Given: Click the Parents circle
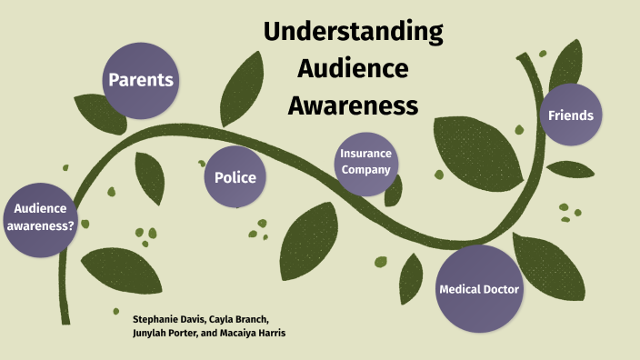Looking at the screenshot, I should [x=140, y=80].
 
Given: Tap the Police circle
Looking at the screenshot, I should [x=235, y=177].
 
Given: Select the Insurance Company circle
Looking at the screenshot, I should [x=365, y=162].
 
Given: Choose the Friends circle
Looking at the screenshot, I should [x=570, y=115].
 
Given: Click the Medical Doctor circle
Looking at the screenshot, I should [x=478, y=289].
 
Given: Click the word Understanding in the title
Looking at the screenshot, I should [x=353, y=33].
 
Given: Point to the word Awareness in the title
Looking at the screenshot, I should [x=353, y=105].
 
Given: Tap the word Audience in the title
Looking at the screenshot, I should [x=353, y=69].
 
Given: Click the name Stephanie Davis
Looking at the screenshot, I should [x=167, y=319].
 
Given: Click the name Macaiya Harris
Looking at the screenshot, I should [x=257, y=334].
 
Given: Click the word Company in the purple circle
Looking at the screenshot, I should [x=365, y=169].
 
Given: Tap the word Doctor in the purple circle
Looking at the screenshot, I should [x=501, y=289].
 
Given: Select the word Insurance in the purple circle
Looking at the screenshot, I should [x=365, y=155].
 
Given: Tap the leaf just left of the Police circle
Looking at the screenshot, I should [x=151, y=177].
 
